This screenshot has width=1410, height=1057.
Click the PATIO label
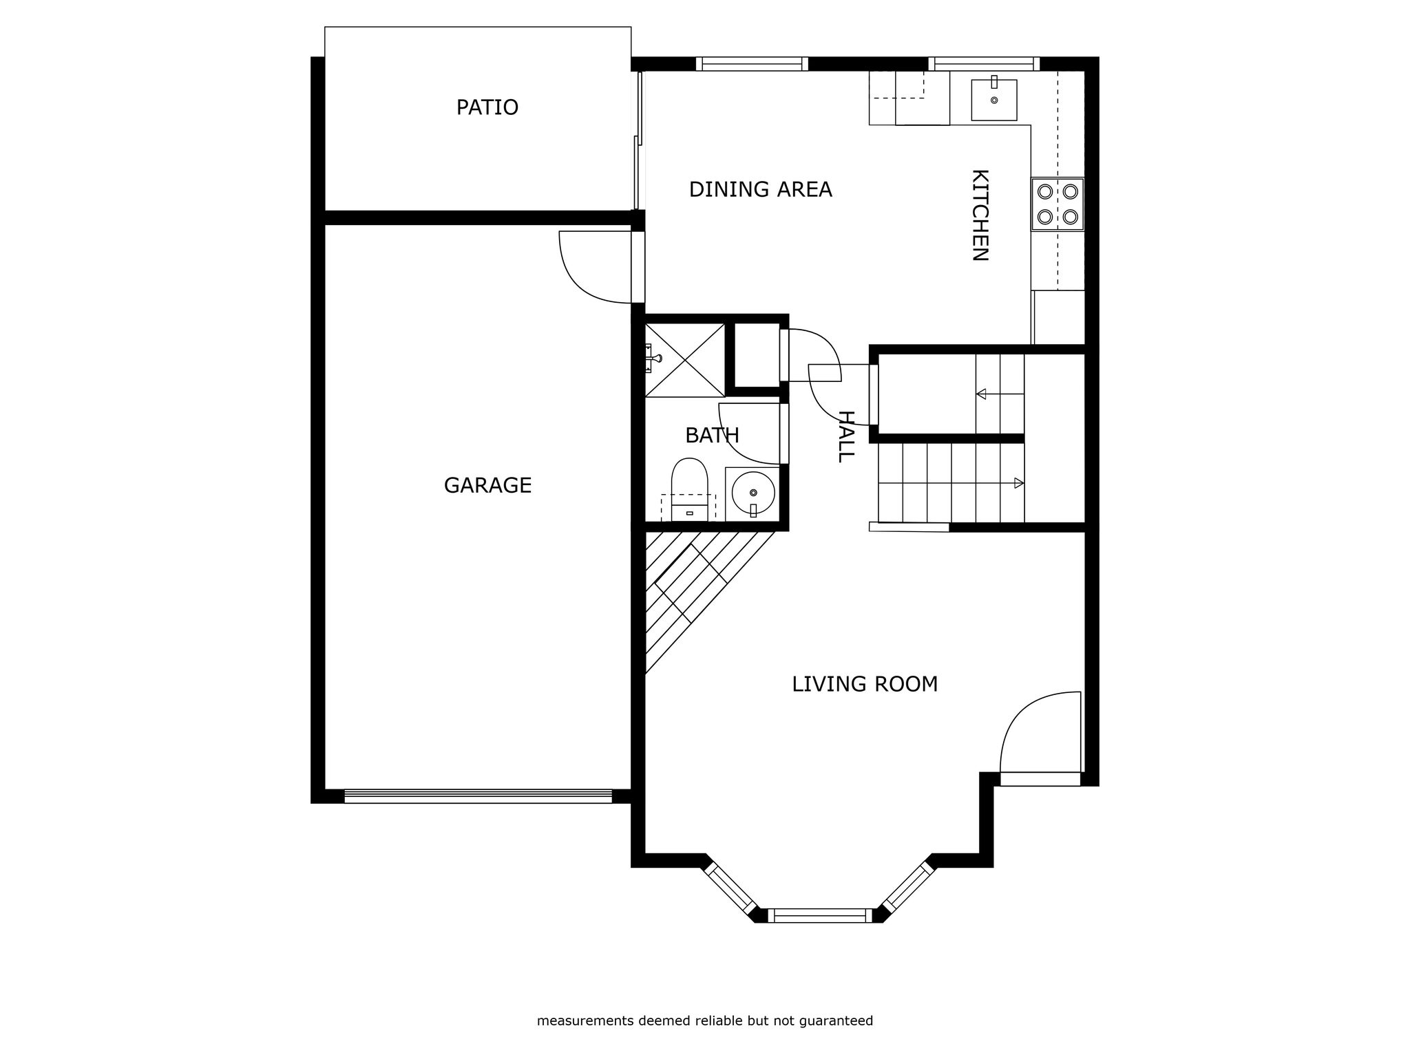tap(487, 107)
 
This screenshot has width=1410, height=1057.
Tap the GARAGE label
tap(487, 486)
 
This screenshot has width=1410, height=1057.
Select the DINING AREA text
tap(760, 189)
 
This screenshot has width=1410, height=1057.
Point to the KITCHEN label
tap(980, 215)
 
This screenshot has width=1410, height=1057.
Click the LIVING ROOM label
tap(865, 684)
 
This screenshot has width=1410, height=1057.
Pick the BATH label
tap(712, 436)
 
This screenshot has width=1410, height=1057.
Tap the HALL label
tap(845, 436)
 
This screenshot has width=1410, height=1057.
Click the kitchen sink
tap(993, 100)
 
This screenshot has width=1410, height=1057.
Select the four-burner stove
tap(1057, 204)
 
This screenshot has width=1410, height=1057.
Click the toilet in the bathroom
tap(689, 489)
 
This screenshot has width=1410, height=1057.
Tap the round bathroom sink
tap(753, 493)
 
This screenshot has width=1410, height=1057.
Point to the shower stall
tap(684, 360)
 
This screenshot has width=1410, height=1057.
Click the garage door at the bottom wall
tap(478, 796)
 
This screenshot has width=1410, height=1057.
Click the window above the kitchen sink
tap(984, 64)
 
